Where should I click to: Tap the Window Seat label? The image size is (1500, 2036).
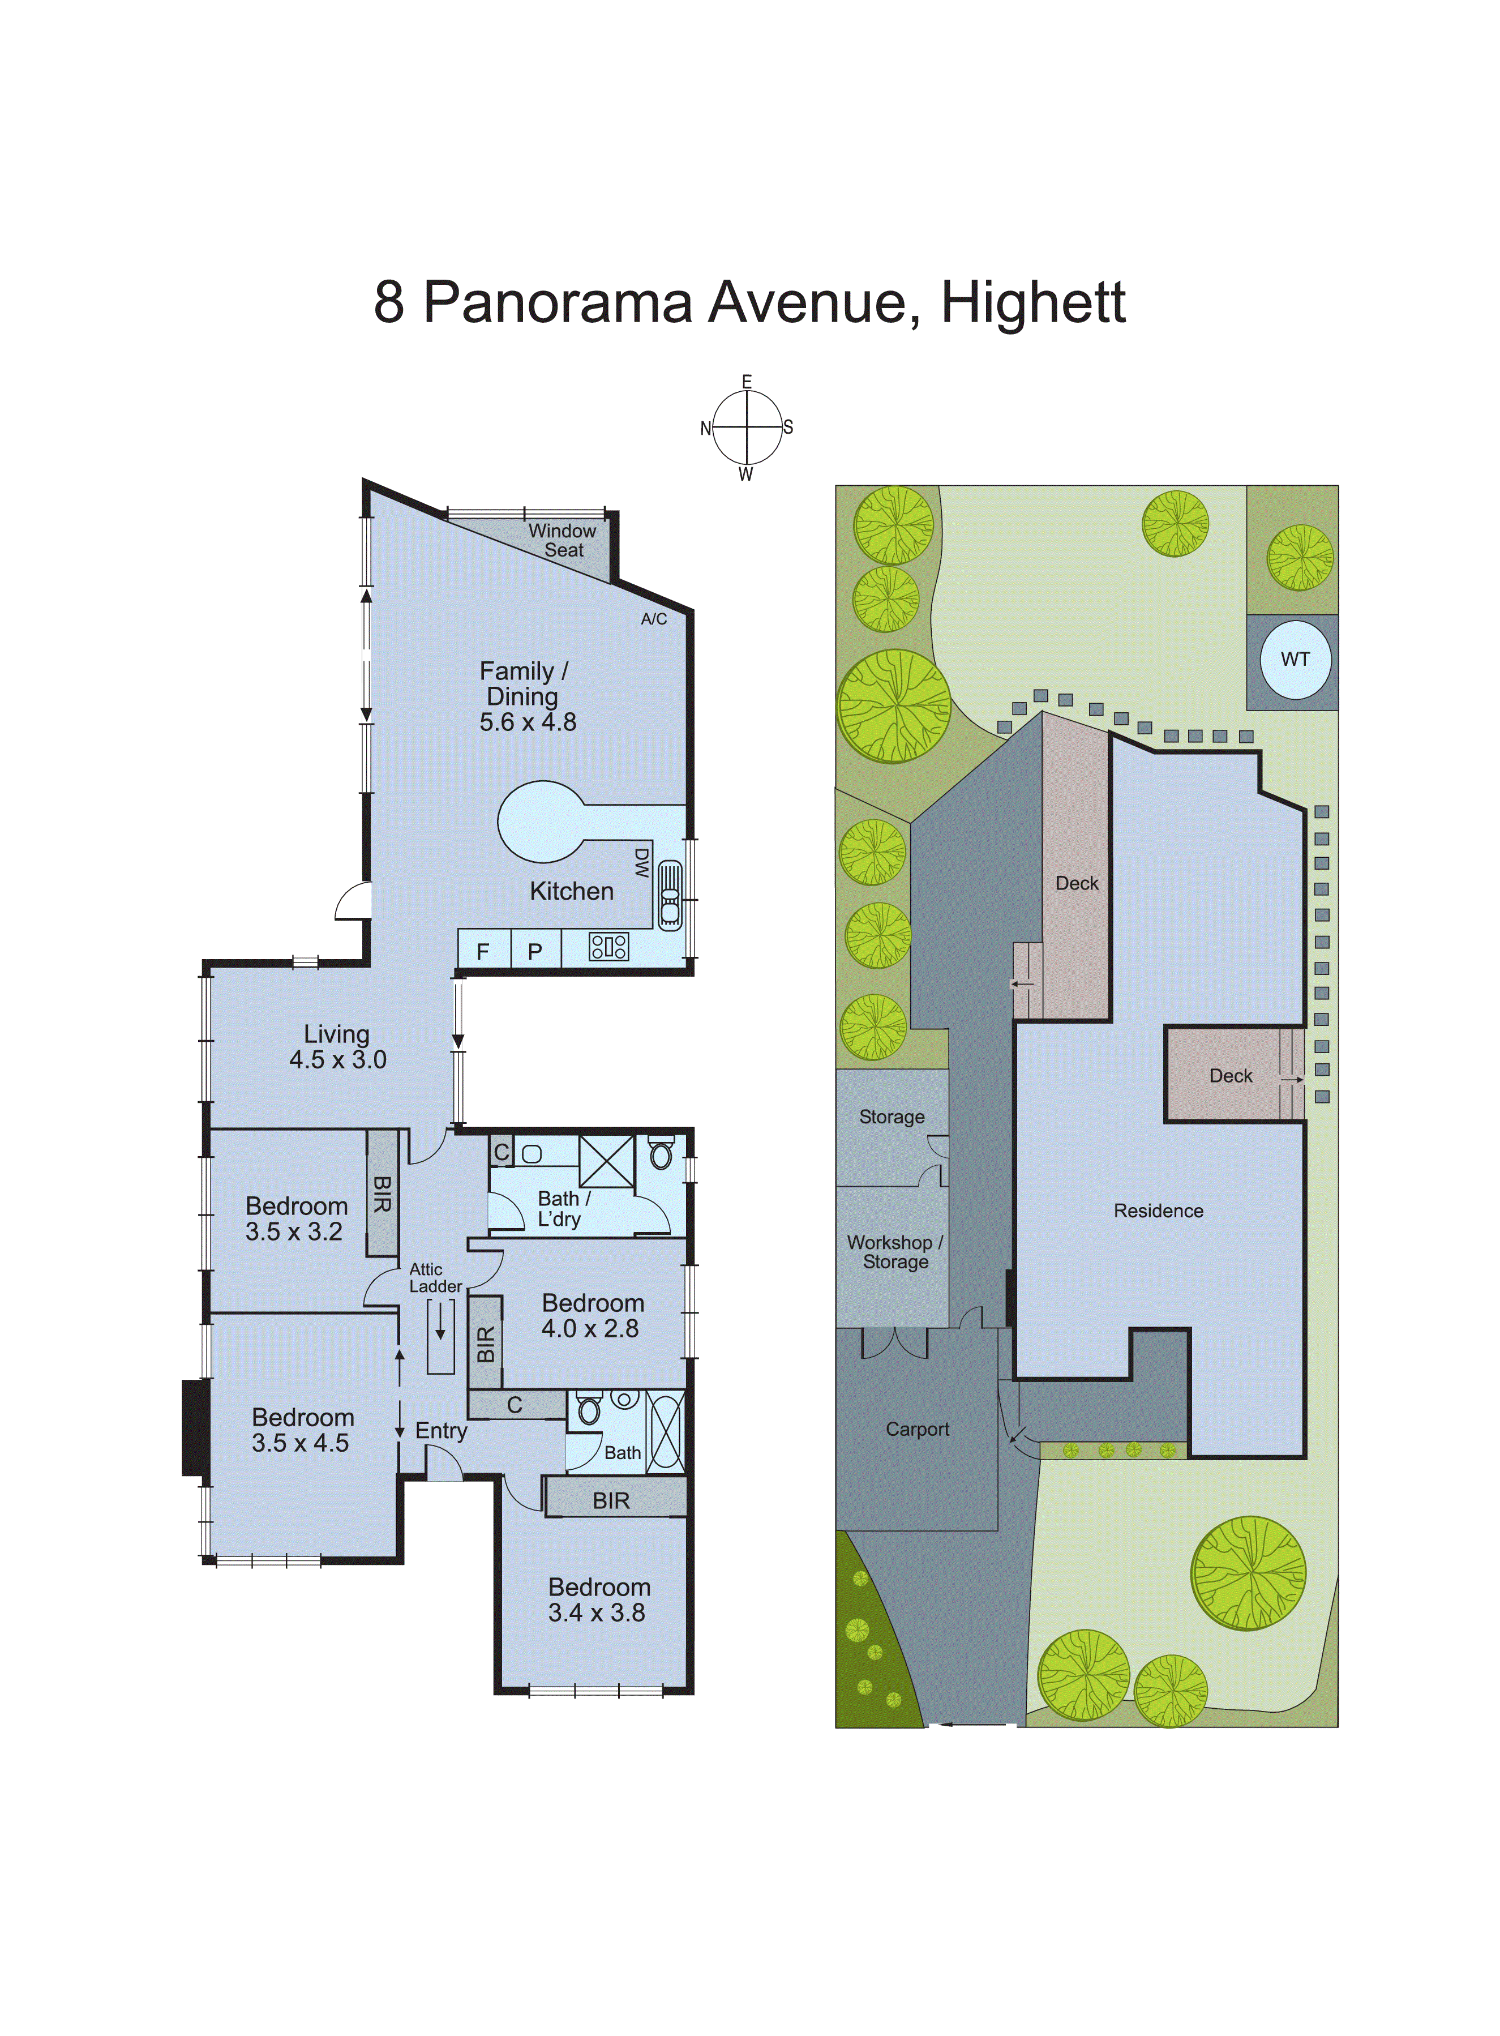click(563, 540)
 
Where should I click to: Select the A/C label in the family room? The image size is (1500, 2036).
click(654, 619)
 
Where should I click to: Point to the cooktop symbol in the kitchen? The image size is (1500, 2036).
click(608, 947)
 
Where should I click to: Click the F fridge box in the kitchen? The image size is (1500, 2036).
click(483, 951)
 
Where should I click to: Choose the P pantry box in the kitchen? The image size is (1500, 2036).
click(535, 951)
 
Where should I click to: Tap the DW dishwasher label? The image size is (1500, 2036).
click(641, 863)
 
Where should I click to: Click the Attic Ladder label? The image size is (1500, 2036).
click(435, 1278)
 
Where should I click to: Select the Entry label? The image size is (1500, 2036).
click(442, 1431)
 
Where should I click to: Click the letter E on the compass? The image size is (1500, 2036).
click(747, 382)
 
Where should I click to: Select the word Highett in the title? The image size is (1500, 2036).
click(1033, 302)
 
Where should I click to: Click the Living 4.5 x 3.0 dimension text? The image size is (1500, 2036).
click(338, 1060)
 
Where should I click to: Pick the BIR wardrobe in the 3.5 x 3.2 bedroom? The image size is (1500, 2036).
click(382, 1194)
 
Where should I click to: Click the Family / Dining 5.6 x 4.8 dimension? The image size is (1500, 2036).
click(528, 722)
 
